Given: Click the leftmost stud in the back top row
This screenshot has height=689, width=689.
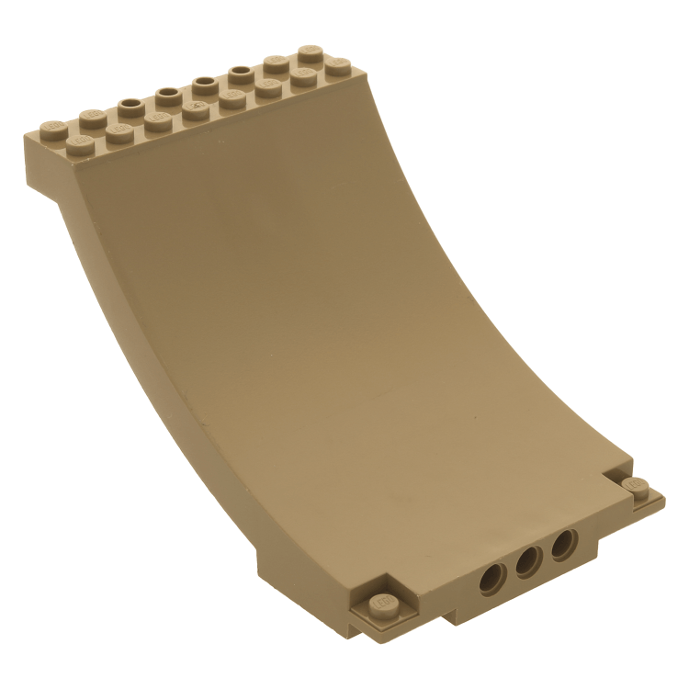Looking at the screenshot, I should (x=51, y=125).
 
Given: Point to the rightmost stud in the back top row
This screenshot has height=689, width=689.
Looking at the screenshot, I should (x=309, y=51).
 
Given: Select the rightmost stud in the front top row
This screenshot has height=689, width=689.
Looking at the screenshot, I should (x=338, y=66).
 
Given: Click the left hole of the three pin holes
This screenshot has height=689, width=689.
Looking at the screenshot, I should (x=492, y=579).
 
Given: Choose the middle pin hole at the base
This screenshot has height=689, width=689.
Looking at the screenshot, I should (x=527, y=564).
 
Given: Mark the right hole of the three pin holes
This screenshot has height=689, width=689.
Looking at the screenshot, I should (x=562, y=548).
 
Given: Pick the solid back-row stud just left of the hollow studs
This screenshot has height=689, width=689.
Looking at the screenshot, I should (x=91, y=115).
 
